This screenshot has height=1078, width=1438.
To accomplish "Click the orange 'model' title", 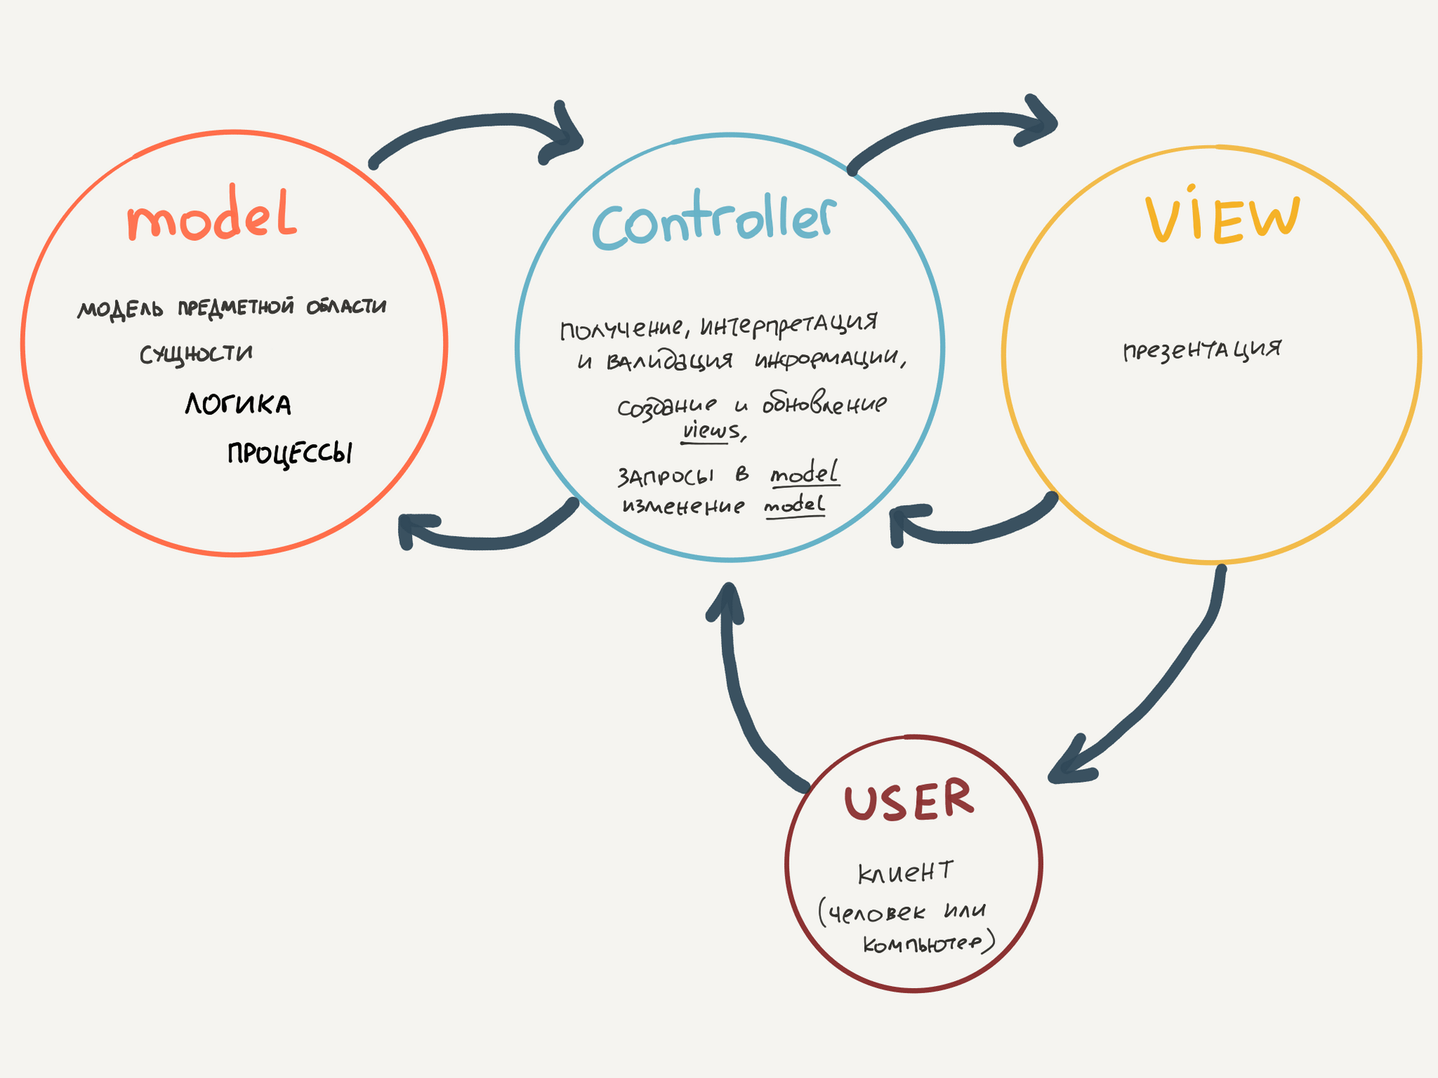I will [211, 216].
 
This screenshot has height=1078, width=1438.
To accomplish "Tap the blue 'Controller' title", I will [714, 221].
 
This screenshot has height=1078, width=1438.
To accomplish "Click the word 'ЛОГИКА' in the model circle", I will [238, 405].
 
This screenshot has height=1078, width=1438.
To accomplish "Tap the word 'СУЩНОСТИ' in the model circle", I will [196, 354].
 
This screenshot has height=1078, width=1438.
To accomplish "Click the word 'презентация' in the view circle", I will [1202, 350].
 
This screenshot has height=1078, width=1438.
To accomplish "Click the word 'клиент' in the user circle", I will [905, 872].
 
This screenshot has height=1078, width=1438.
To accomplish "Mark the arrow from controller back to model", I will [489, 536].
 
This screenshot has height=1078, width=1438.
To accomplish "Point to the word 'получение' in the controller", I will [622, 329].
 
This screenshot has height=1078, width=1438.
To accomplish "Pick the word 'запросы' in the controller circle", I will [666, 476].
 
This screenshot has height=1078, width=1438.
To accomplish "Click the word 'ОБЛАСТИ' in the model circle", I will [347, 307].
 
